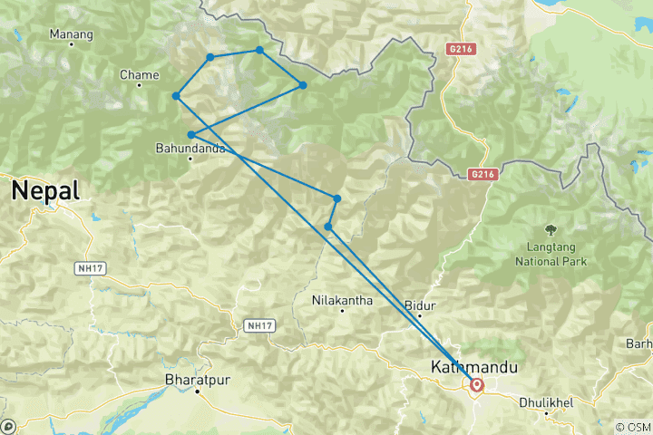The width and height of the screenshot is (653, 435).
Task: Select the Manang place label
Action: coord(72,35)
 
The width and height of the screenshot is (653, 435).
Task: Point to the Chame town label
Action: coord(139,74)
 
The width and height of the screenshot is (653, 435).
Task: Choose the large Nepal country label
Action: coord(44,190)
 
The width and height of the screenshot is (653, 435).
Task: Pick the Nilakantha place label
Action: coord(342,299)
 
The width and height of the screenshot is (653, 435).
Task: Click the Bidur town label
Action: coord(419,304)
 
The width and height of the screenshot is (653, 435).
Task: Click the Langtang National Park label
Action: coord(551,254)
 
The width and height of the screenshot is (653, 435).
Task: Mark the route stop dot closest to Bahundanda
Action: coord(190,135)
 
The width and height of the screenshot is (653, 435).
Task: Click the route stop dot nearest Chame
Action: coord(176,96)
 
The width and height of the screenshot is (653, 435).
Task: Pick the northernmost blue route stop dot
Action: coord(259,50)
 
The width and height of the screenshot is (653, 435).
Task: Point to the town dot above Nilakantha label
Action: coord(342,311)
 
